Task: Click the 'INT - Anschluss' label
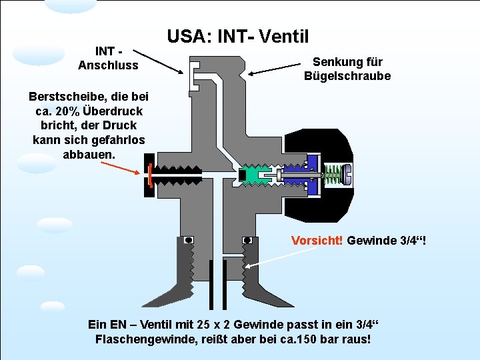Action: tap(108, 58)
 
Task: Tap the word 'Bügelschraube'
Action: tap(347, 76)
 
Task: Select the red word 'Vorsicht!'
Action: tap(317, 240)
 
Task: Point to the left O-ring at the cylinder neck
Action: tap(189, 239)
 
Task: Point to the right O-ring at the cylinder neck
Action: tap(247, 239)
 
